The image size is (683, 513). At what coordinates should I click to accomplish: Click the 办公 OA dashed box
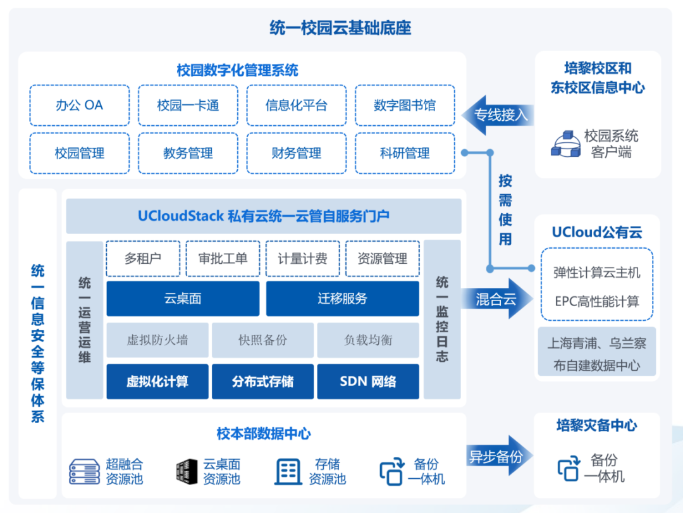point(80,105)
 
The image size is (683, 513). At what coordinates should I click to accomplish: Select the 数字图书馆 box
point(405,105)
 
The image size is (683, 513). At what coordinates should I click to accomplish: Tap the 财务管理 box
point(297,153)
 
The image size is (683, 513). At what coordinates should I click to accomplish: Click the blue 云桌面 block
point(183,299)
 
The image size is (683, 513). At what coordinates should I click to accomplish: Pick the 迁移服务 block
point(342,299)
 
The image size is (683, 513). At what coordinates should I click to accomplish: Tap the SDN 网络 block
point(368,381)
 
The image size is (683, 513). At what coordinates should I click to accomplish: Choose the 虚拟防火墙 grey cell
point(157,340)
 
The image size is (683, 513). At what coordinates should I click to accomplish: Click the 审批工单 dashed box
point(223,259)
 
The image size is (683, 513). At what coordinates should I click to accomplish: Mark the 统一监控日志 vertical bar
point(442,319)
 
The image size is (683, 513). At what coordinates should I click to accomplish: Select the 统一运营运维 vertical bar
point(85,319)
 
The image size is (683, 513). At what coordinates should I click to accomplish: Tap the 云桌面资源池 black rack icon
point(184,471)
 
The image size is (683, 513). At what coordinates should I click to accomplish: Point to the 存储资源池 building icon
point(288,472)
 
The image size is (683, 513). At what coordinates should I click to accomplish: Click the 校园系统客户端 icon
point(565,144)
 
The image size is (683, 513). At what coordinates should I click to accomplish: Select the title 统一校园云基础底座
point(341,28)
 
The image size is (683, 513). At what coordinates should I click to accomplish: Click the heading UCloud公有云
point(596,232)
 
